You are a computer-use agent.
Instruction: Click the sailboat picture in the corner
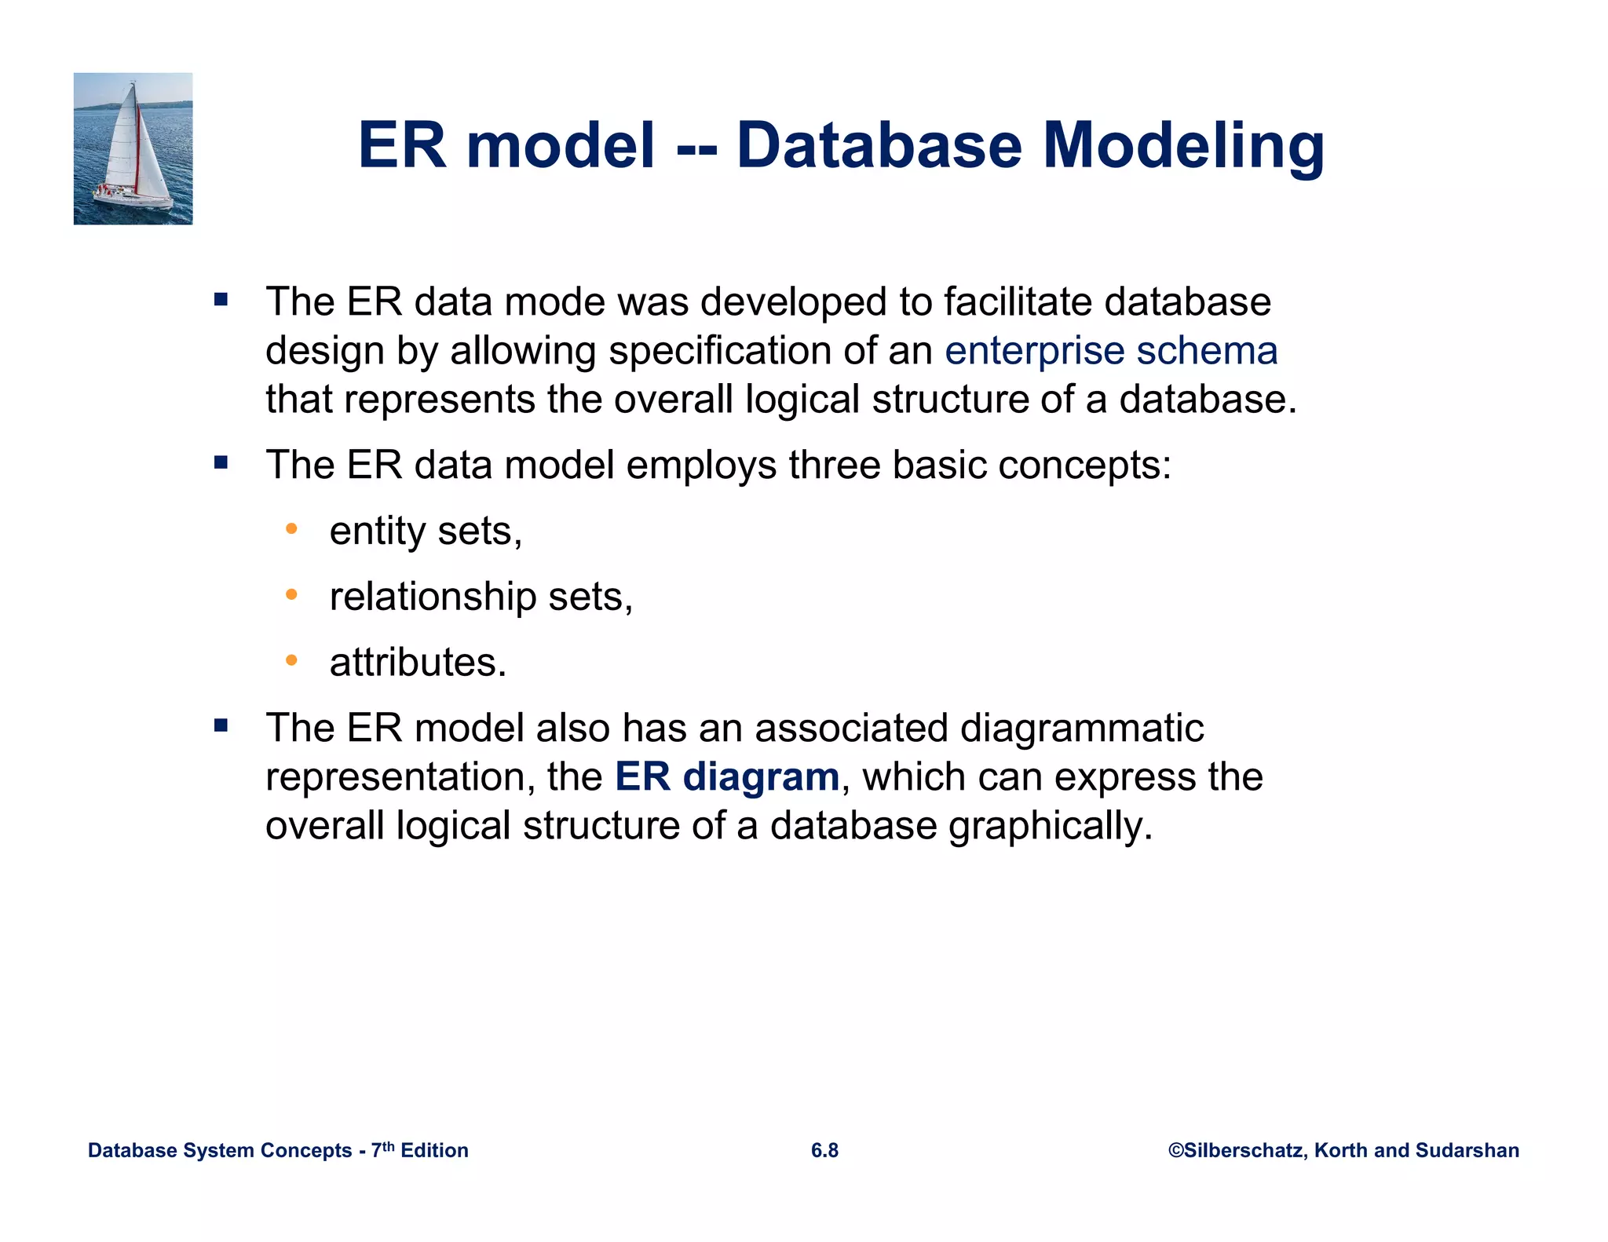click(x=133, y=148)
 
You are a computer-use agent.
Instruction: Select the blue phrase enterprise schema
click(x=1110, y=351)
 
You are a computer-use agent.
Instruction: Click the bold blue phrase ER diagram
click(x=727, y=777)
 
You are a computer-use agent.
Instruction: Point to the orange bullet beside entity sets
click(x=291, y=529)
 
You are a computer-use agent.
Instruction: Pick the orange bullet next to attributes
click(x=291, y=660)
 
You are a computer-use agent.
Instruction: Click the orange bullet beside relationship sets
click(x=291, y=595)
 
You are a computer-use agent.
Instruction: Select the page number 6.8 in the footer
click(x=824, y=1150)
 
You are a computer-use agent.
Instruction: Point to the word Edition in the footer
click(x=434, y=1150)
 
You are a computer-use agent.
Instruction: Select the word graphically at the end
click(x=1050, y=827)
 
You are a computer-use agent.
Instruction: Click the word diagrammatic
click(x=1081, y=728)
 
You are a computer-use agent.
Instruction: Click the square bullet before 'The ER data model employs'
click(x=221, y=462)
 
